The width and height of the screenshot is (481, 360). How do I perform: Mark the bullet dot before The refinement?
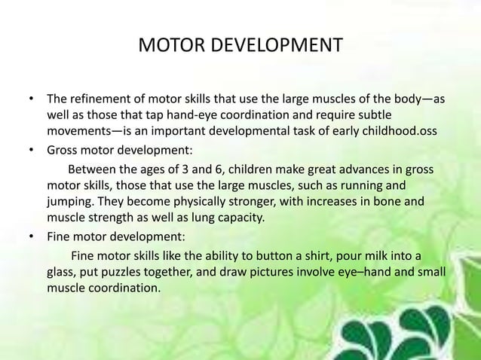31,99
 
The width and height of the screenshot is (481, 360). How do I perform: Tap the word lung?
204,218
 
